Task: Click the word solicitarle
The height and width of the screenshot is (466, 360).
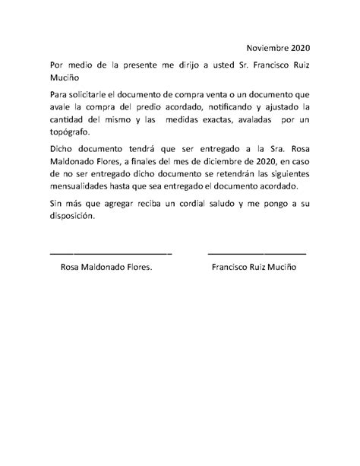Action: [90, 94]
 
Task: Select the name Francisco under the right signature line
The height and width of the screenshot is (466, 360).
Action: [235, 268]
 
